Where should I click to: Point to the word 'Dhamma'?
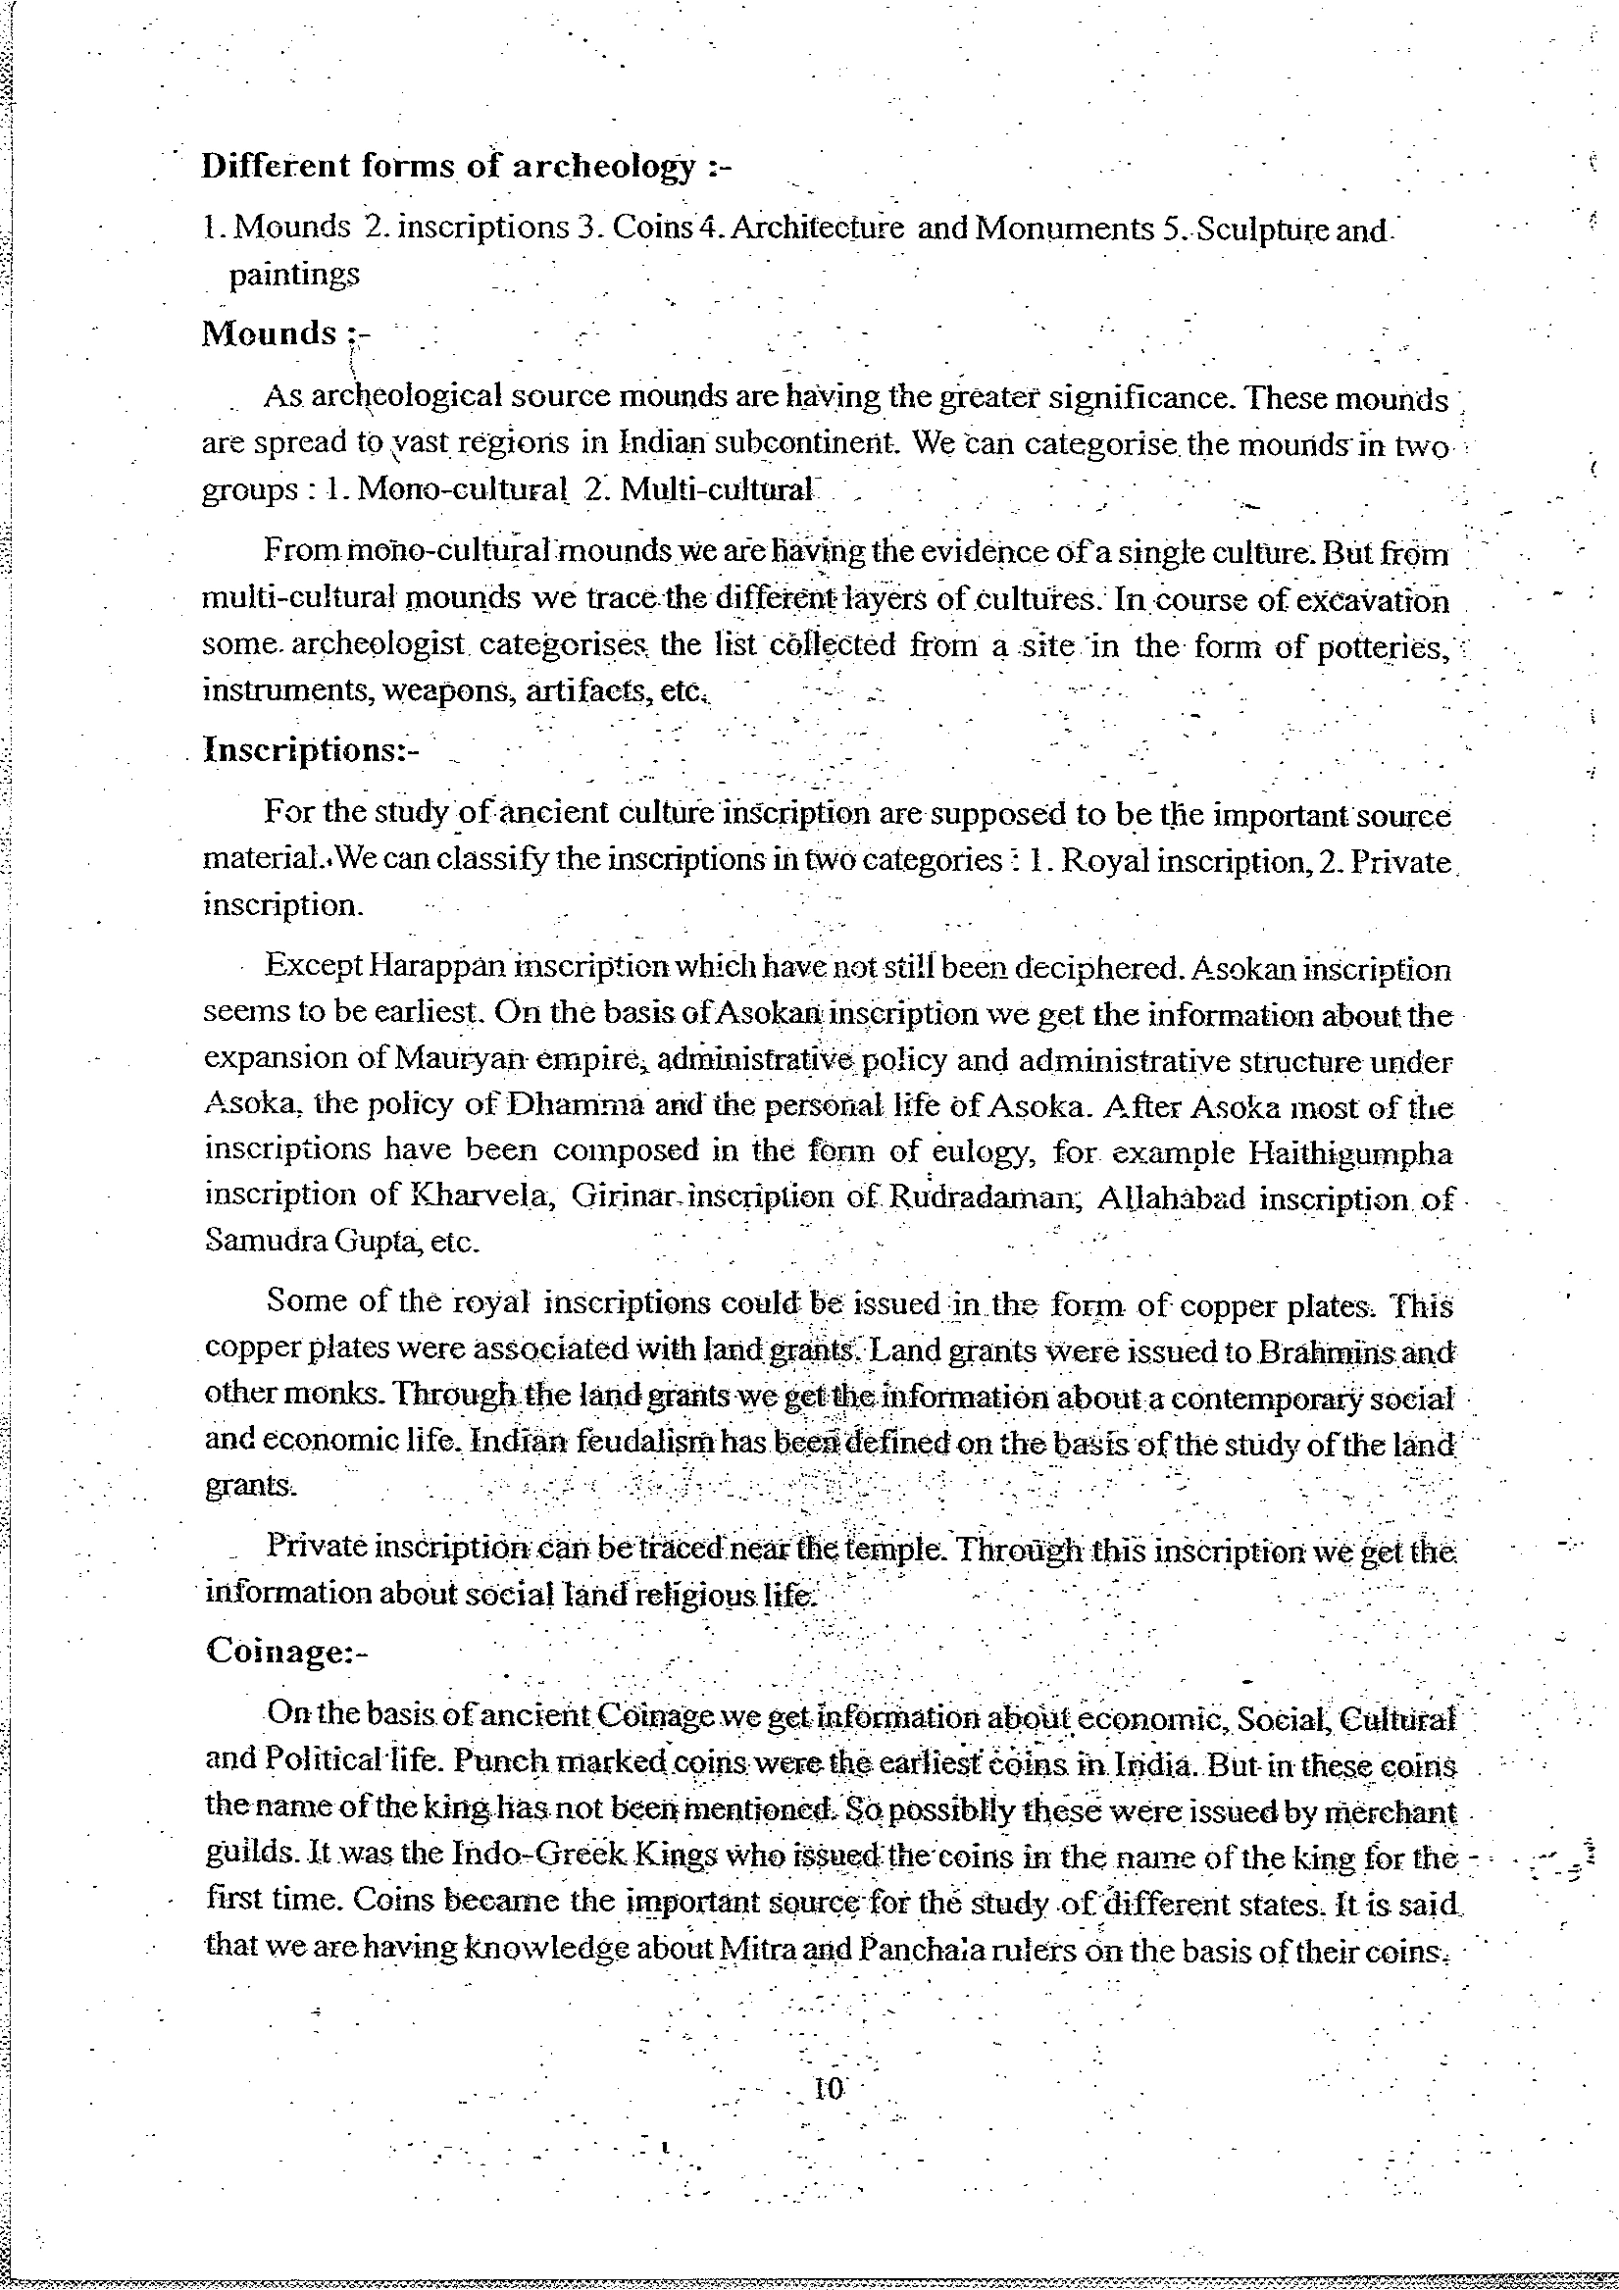565,1105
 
